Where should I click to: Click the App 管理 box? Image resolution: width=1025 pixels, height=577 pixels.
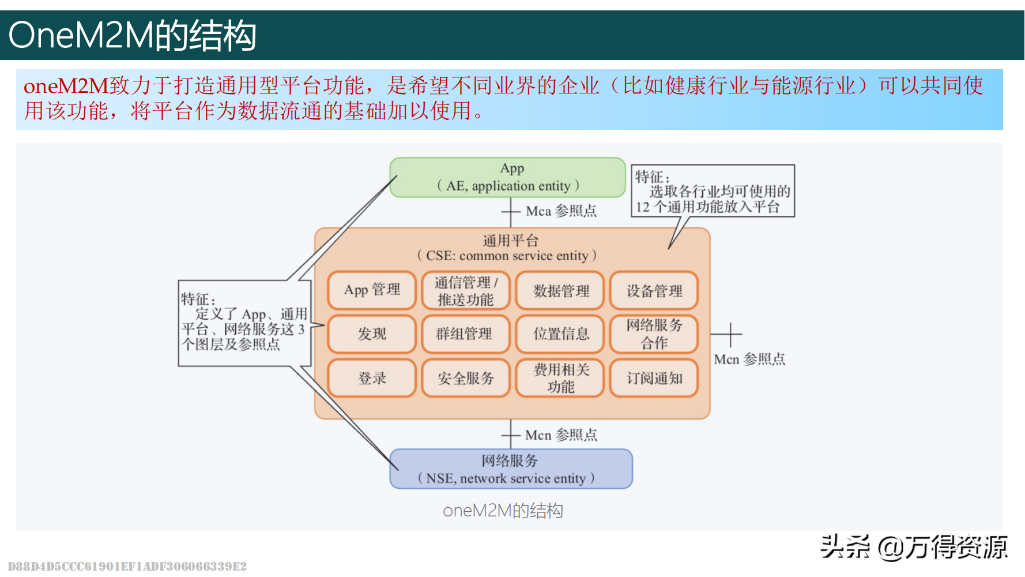pos(372,290)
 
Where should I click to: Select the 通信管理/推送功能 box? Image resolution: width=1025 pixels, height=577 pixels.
pos(465,290)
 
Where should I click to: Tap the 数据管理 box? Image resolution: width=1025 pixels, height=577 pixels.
pos(560,290)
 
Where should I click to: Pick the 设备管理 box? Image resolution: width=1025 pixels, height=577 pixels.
pos(654,290)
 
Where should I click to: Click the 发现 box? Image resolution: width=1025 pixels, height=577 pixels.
pos(372,334)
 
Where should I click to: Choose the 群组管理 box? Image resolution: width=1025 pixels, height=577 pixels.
pos(465,334)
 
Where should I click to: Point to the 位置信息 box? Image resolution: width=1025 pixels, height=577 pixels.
pos(560,334)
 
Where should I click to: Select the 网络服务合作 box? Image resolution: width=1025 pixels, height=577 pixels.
pos(654,334)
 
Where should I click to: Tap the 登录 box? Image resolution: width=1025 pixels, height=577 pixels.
pos(372,378)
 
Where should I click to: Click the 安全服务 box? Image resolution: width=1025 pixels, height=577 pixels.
pos(465,378)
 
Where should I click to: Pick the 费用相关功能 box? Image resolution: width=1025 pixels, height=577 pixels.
pos(560,378)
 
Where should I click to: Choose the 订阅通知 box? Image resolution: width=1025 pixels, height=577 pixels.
pos(654,378)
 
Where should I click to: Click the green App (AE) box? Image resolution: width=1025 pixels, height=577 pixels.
pos(507,177)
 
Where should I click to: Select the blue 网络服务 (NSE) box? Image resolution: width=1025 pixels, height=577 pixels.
pos(511,469)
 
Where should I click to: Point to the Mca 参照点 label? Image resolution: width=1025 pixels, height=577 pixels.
pos(560,211)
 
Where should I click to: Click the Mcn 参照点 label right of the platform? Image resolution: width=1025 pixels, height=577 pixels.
pos(749,359)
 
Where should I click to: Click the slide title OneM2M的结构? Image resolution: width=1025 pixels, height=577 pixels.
pos(132,35)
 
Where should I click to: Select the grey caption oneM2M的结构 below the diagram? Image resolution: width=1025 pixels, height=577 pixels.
pos(503,511)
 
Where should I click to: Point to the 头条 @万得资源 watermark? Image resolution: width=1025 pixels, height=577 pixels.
pos(914,547)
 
